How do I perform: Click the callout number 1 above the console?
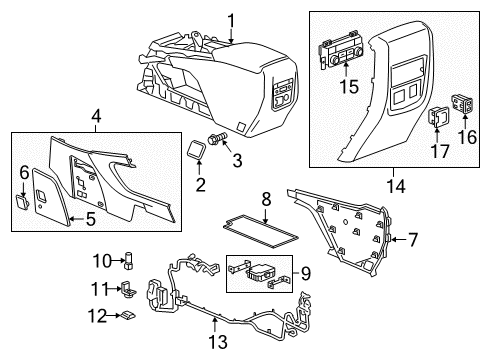click(x=231, y=22)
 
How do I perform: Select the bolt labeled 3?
click(x=217, y=138)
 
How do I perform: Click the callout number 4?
click(x=96, y=117)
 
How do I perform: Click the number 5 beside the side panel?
click(x=90, y=219)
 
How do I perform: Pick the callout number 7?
click(x=413, y=239)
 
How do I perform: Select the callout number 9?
click(x=305, y=273)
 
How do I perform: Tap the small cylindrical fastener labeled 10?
click(x=129, y=261)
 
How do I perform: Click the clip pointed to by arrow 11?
click(x=128, y=289)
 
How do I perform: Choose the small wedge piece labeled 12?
click(x=128, y=315)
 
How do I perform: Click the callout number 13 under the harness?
click(x=218, y=342)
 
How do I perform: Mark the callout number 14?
click(x=396, y=186)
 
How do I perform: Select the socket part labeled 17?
click(x=437, y=118)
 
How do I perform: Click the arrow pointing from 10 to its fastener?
click(x=119, y=261)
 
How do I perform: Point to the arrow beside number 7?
click(x=398, y=239)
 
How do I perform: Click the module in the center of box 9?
click(x=258, y=273)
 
